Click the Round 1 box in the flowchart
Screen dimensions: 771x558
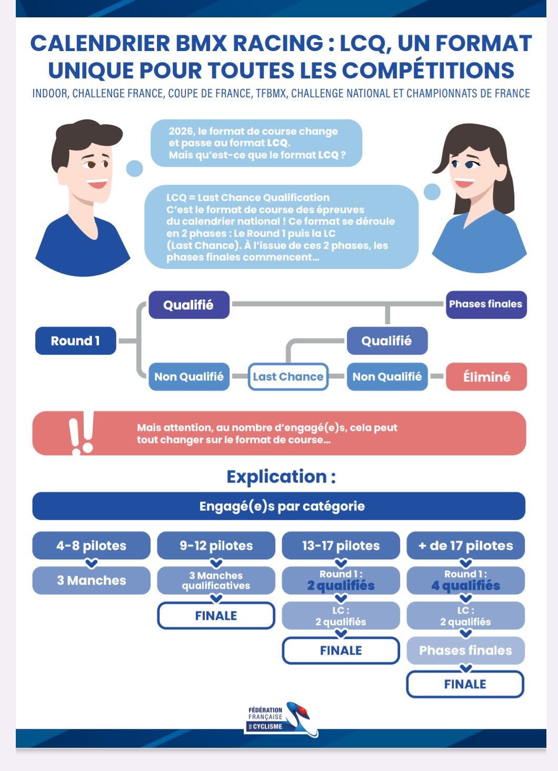[x=75, y=341]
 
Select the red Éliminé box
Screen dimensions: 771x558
[x=486, y=377]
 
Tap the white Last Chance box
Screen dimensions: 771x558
[x=288, y=377]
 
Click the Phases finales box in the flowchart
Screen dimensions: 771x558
[x=486, y=304]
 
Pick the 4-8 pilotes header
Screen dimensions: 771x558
[x=91, y=545]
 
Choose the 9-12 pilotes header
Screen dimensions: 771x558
[x=216, y=545]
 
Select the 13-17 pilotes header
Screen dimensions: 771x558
[x=341, y=545]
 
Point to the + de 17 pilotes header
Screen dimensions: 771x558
[x=465, y=545]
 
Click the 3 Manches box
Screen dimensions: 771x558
[x=91, y=580]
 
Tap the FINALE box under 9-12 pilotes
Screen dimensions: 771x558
[x=216, y=615]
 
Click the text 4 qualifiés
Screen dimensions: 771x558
[x=465, y=586]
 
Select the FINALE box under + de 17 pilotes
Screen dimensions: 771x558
[x=465, y=684]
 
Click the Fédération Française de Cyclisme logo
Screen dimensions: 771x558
[x=282, y=719]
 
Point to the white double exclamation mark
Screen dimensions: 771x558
[x=81, y=433]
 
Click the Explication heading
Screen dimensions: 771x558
[x=281, y=476]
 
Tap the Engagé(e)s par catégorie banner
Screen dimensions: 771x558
[x=279, y=506]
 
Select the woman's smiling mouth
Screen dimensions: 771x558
[x=464, y=183]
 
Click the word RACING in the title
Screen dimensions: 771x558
[x=278, y=44]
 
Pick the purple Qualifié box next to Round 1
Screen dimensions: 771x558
[x=188, y=305]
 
